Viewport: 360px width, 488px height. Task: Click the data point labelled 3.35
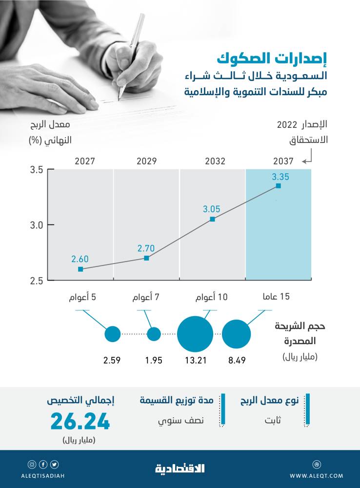[278, 186]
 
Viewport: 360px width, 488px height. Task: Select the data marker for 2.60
[80, 269]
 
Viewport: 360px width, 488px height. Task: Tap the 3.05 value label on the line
[212, 209]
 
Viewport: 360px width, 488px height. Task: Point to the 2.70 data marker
[146, 258]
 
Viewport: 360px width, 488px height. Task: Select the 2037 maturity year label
[283, 161]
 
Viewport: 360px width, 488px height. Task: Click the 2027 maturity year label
[84, 161]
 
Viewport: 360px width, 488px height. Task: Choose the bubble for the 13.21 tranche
[195, 334]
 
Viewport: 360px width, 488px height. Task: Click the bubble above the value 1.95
[154, 334]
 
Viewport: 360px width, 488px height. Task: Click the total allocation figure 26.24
[80, 422]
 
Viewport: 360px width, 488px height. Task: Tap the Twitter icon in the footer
[54, 464]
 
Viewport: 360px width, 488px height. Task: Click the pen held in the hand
[130, 54]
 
